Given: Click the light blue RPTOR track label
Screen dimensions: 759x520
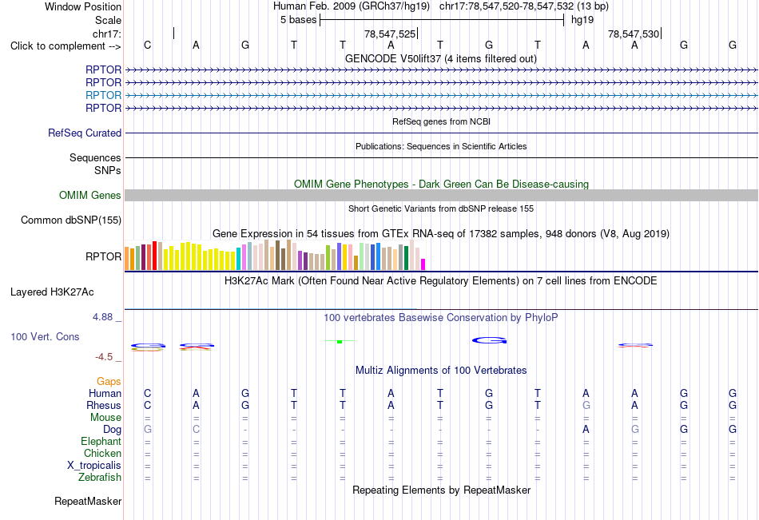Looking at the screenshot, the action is click(103, 95).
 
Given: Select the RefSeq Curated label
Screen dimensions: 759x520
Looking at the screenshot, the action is click(85, 133).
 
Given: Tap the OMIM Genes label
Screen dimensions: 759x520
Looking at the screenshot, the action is click(90, 195).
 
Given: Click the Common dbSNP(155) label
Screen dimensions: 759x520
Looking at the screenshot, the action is click(71, 220).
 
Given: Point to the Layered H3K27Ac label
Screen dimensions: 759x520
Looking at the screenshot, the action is click(52, 292).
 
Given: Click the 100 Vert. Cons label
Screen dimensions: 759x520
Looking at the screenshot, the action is click(45, 336).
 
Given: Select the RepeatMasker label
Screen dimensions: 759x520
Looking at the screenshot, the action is click(88, 501).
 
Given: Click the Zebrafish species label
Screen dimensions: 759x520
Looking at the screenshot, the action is click(100, 478).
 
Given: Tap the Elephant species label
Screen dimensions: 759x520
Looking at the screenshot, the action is click(101, 442).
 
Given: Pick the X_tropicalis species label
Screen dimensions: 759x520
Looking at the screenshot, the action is click(94, 466).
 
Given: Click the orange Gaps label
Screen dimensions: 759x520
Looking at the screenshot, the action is click(109, 382).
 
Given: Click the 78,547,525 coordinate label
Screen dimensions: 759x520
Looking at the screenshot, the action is click(390, 34).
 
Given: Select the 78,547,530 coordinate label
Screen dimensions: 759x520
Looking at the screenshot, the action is click(633, 34).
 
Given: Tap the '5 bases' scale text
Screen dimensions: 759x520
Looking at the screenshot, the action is click(298, 20).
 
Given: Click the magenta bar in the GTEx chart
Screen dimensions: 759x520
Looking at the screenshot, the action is click(423, 264).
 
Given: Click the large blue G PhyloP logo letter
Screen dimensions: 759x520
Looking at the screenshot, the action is click(490, 340).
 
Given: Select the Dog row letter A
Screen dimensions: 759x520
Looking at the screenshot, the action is click(586, 430).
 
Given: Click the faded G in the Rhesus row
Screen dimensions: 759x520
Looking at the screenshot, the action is click(586, 406).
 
